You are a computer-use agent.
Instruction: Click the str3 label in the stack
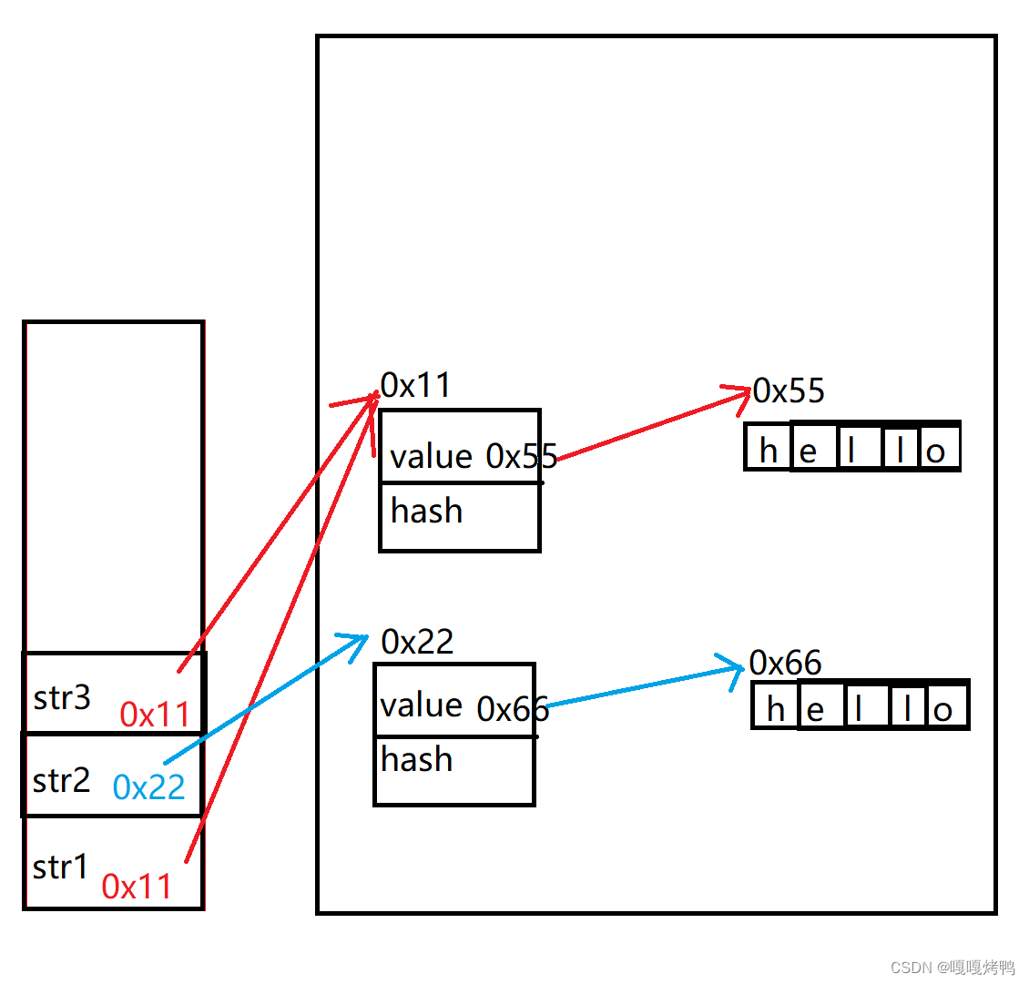62,698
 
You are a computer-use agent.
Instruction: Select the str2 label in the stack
61,781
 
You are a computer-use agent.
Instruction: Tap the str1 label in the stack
60,867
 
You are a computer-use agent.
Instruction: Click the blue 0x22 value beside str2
149,786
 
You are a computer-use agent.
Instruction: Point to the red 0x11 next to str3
155,715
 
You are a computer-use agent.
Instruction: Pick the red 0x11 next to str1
137,887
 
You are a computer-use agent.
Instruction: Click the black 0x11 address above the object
416,386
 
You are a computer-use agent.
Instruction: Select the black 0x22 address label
417,643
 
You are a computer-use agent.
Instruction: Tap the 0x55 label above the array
789,391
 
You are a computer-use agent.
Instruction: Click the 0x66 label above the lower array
785,664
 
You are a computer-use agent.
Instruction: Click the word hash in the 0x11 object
426,512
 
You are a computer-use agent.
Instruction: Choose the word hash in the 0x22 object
416,759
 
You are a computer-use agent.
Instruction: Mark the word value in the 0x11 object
431,457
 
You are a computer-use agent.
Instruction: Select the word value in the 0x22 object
421,705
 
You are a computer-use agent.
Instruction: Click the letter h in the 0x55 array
769,451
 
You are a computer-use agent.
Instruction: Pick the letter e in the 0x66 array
815,710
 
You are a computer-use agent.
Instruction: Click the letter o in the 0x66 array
943,710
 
